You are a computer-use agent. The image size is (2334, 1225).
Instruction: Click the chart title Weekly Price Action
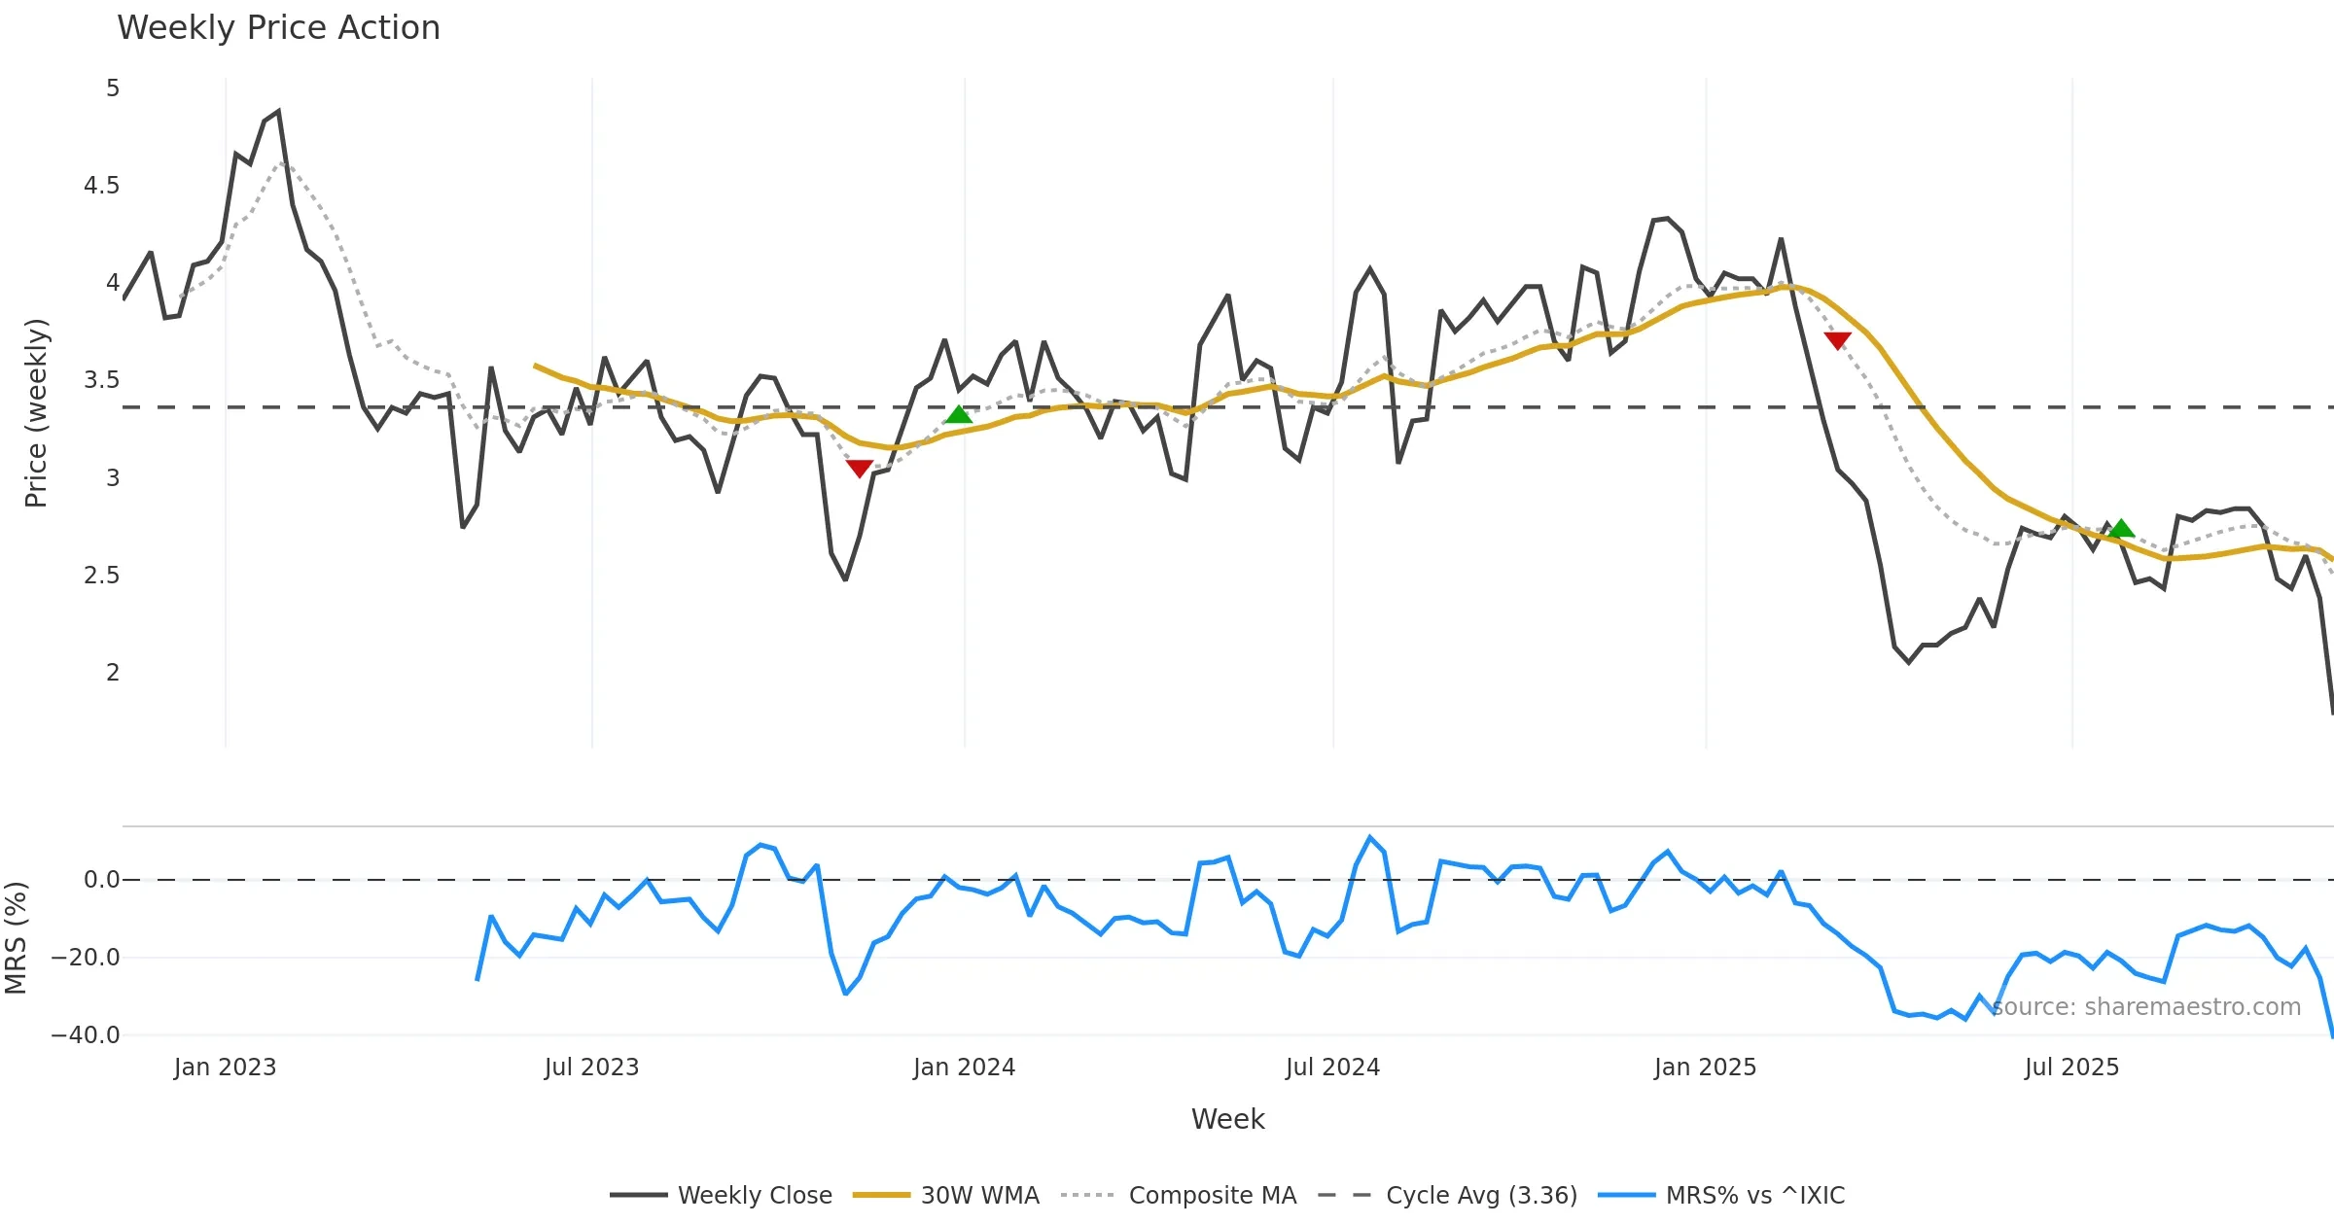(x=278, y=28)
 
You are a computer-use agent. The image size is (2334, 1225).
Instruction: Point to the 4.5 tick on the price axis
(x=102, y=186)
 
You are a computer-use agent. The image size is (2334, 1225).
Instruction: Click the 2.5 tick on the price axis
(x=102, y=576)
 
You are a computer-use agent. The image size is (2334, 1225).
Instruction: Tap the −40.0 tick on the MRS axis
(x=86, y=1035)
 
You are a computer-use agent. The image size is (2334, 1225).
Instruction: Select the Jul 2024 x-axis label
(x=1332, y=1067)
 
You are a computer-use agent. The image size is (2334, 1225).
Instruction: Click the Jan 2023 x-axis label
(x=225, y=1067)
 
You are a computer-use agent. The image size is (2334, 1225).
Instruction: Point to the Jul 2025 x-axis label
(x=2071, y=1067)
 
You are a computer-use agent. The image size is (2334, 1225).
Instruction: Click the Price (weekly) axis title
(x=36, y=413)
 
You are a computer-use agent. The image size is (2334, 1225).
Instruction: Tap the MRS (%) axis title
(x=16, y=938)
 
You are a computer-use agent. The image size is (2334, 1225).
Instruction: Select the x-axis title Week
(x=1227, y=1120)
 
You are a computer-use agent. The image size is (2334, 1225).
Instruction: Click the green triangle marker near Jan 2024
(x=958, y=415)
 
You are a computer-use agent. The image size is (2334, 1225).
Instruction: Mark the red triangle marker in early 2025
(x=1837, y=340)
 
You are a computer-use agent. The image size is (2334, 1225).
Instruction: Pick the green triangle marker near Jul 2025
(x=2121, y=529)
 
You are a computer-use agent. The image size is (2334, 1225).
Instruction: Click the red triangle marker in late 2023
(x=859, y=469)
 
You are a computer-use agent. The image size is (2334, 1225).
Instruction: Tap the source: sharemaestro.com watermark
(x=2145, y=1007)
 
